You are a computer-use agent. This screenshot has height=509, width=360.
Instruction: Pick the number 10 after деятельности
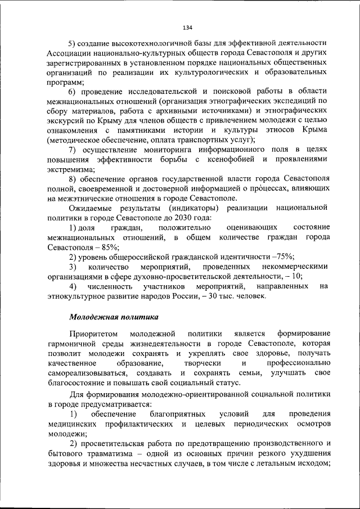click(296, 276)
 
